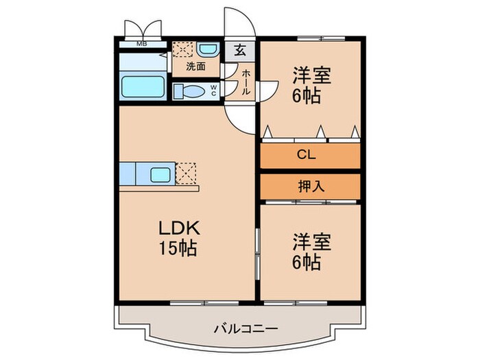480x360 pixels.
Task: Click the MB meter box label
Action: (x=141, y=45)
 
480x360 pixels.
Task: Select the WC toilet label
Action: (x=214, y=90)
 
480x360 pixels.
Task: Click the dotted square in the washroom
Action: (x=182, y=50)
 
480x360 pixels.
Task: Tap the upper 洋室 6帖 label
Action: (x=311, y=84)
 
